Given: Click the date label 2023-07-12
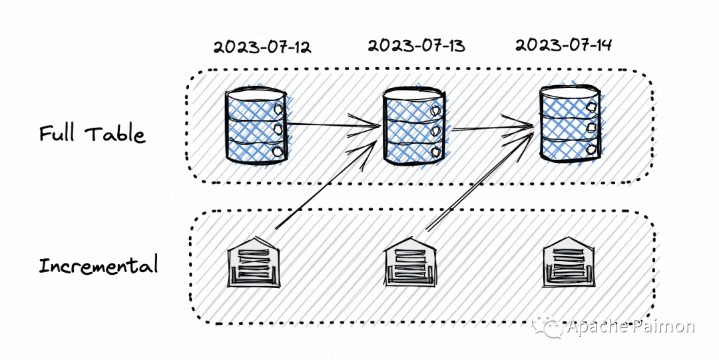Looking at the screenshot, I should (262, 47).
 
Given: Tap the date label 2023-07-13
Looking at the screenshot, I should (416, 45).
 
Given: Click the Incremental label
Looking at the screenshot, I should (99, 266).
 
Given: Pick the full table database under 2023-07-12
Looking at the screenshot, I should (256, 124).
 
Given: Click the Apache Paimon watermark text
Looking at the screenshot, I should (630, 327).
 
